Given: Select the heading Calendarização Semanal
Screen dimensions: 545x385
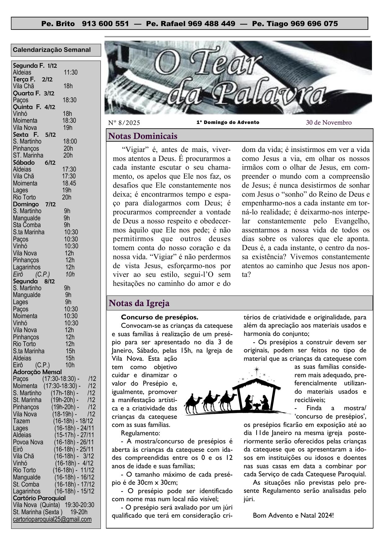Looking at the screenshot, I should [x=52, y=50].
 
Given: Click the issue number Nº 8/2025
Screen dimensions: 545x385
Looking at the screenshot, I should [x=124, y=123].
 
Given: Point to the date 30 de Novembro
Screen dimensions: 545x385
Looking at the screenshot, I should [x=329, y=122].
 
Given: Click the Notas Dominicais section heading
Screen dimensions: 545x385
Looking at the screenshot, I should [x=143, y=136].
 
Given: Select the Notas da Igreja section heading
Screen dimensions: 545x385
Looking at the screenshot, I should [x=139, y=303].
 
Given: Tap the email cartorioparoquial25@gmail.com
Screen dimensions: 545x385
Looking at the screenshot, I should [x=52, y=519].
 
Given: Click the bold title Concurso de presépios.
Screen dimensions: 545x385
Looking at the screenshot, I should [x=159, y=317].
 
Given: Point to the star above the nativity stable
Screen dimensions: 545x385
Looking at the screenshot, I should [x=256, y=370].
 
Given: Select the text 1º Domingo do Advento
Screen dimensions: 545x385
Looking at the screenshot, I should [x=228, y=122].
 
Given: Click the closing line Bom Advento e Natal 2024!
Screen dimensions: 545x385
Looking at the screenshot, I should [x=293, y=515].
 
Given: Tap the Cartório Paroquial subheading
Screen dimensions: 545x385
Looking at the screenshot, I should [x=39, y=498].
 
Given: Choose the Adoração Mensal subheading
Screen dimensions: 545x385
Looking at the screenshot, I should [x=38, y=372].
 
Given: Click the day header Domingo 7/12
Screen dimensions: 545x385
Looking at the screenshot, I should [x=34, y=204].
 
